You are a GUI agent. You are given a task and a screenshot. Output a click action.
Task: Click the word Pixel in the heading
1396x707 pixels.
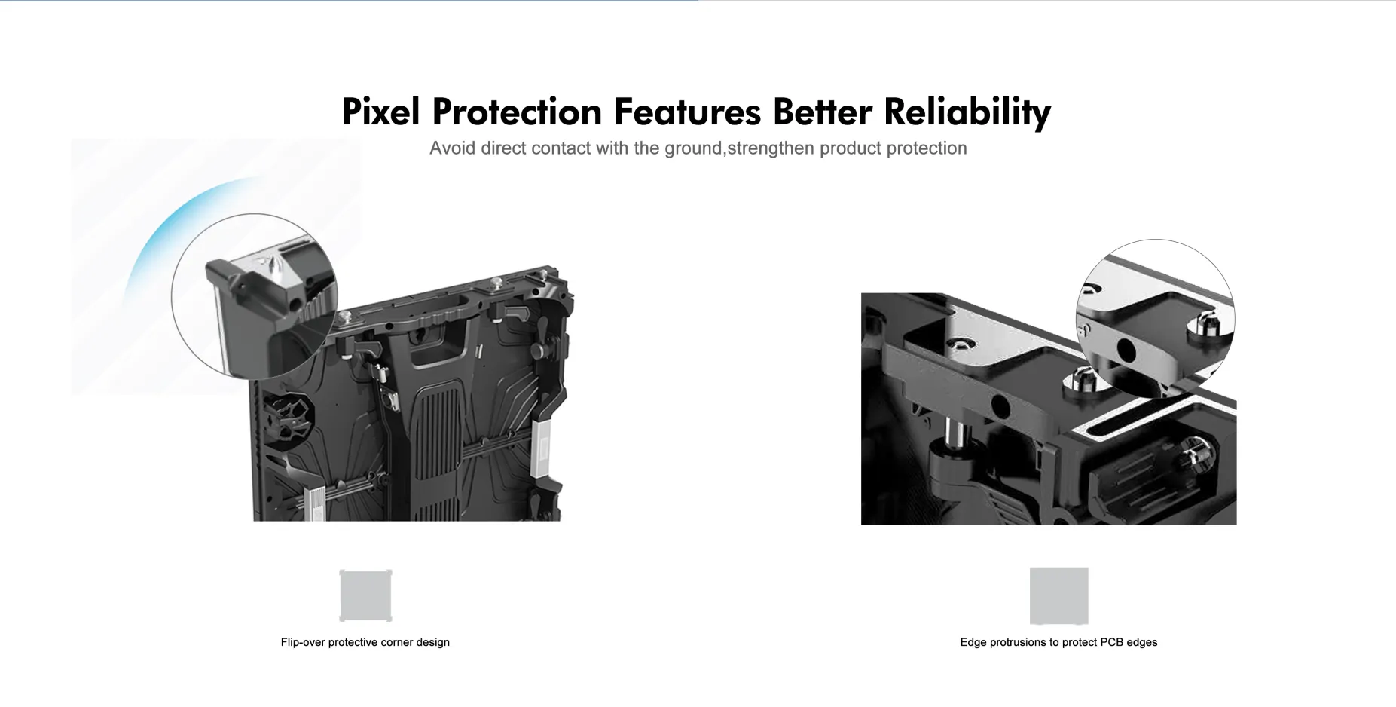click(380, 112)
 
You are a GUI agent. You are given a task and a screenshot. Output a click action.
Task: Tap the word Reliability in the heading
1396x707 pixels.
click(967, 112)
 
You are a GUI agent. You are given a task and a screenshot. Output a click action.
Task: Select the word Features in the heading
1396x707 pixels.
click(687, 112)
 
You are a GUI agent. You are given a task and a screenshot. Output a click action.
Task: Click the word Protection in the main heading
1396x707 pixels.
click(517, 112)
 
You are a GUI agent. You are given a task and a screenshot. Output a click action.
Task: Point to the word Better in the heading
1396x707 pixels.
click(822, 112)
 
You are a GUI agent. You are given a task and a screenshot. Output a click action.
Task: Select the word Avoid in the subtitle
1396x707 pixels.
click(452, 148)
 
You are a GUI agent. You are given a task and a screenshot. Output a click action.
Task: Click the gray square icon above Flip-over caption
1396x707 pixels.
click(365, 595)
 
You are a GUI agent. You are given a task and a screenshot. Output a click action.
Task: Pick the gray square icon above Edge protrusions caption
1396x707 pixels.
click(1058, 595)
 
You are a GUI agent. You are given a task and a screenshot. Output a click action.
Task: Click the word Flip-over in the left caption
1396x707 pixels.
click(303, 642)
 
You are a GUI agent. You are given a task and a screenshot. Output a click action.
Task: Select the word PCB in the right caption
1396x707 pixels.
click(1112, 642)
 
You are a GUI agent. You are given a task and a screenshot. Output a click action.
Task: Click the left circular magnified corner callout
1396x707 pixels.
click(255, 296)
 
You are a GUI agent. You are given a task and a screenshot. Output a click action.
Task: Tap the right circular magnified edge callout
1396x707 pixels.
click(1156, 319)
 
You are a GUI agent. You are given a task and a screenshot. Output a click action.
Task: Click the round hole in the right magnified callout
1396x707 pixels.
click(1126, 350)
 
